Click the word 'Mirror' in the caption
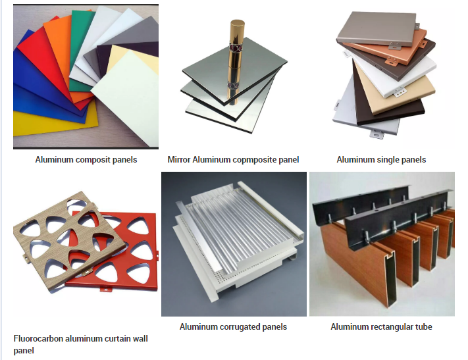[179, 160]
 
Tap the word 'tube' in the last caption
[423, 327]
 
